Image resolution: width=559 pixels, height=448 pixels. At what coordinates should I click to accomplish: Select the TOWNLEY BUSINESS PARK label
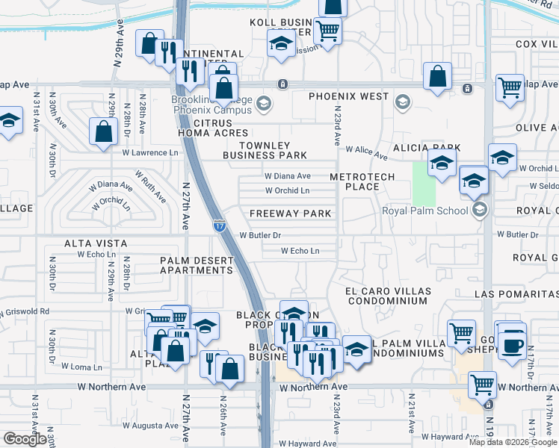(273, 150)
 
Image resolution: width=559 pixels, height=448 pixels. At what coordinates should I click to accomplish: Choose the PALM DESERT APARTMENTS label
(197, 265)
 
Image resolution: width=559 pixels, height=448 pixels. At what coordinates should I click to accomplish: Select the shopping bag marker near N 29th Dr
(103, 132)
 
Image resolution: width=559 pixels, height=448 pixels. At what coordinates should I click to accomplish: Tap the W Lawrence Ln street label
(152, 153)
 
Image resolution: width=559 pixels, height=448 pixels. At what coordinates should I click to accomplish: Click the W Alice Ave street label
(366, 153)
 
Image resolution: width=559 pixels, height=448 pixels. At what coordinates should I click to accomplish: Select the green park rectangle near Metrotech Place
(424, 183)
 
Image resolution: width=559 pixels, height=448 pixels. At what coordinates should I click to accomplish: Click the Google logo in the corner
(25, 439)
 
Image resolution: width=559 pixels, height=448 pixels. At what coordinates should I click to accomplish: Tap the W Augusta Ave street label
(148, 425)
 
